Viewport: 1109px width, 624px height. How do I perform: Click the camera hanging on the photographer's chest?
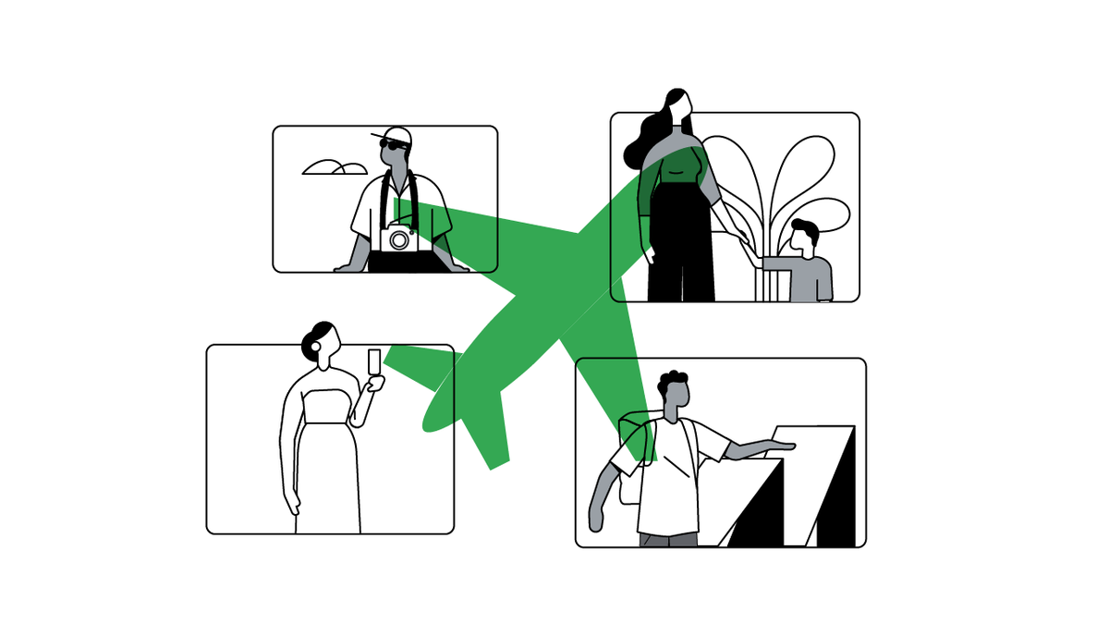click(x=399, y=238)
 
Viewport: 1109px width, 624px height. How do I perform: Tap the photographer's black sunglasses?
click(x=395, y=144)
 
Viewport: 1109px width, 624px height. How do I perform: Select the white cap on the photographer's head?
click(x=396, y=133)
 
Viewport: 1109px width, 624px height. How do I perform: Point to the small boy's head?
click(x=803, y=239)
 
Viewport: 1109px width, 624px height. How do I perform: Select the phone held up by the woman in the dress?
click(x=373, y=362)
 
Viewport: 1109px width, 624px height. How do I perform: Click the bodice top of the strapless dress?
click(x=326, y=407)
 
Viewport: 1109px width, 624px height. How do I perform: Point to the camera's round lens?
click(x=399, y=240)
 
